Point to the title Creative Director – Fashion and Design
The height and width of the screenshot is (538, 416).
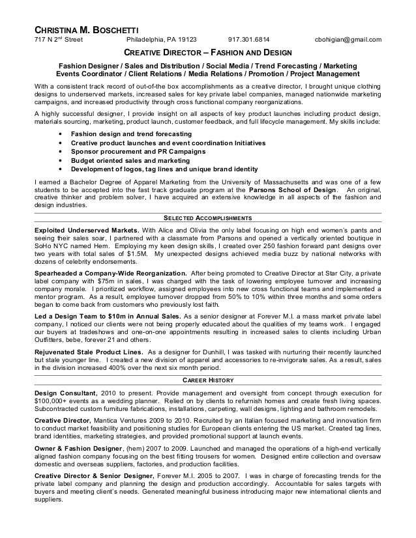(208, 52)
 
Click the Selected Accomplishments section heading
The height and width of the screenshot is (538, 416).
(208, 218)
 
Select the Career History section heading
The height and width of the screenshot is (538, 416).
(208, 380)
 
